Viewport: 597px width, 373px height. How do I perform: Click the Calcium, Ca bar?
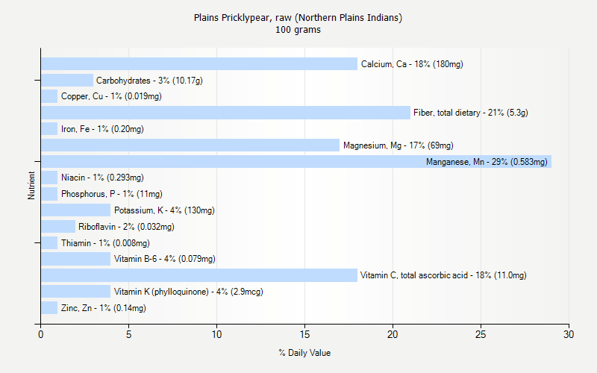click(199, 64)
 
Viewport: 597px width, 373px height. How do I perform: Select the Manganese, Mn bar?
click(296, 161)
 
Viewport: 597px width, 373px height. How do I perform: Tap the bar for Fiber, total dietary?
click(225, 113)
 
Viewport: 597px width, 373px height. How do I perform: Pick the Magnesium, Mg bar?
click(190, 145)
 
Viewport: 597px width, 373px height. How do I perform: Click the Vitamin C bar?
click(199, 275)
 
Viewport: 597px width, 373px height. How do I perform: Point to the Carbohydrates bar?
click(67, 80)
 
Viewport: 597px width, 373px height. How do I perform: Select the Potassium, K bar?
click(75, 210)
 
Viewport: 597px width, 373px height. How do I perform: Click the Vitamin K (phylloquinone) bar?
click(75, 292)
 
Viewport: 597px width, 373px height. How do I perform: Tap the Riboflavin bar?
click(58, 227)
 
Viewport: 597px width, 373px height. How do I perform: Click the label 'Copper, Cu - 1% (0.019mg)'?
click(111, 96)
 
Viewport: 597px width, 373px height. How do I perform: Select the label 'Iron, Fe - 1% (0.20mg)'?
click(102, 129)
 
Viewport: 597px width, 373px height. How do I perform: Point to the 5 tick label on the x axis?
click(128, 333)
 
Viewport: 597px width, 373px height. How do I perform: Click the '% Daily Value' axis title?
click(304, 353)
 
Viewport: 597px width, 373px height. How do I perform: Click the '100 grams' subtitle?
click(298, 30)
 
